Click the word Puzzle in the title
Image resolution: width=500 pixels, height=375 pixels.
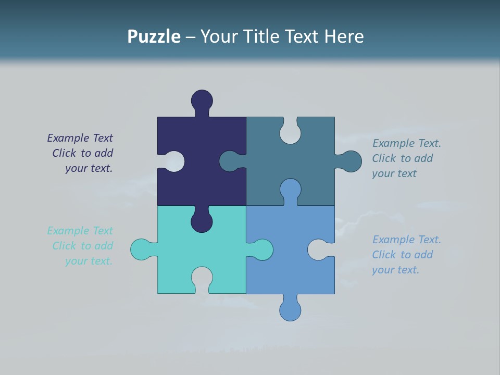coord(154,37)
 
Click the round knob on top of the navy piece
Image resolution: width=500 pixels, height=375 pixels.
coord(202,100)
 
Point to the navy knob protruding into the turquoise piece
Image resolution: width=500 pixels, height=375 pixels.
coord(202,221)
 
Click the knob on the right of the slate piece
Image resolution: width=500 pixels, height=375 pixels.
coord(351,161)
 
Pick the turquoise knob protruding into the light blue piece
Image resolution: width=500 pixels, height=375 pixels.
coord(261,249)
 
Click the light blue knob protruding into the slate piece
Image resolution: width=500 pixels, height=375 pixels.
coord(290,189)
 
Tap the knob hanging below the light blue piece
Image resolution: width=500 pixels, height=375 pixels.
coord(290,309)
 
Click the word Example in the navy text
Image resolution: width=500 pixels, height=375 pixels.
coord(68,138)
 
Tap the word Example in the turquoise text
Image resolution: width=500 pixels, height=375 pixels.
coord(68,231)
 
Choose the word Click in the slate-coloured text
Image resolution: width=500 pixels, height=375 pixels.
coord(383,158)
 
